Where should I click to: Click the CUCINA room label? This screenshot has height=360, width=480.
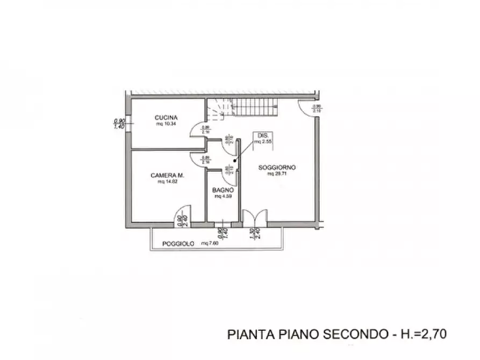pyautogui.click(x=166, y=118)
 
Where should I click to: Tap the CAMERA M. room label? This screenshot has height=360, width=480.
pyautogui.click(x=168, y=175)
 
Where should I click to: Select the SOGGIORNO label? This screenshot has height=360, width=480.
pyautogui.click(x=277, y=168)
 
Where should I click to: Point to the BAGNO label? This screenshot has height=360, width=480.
pyautogui.click(x=221, y=190)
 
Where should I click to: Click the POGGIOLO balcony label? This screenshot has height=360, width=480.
pyautogui.click(x=178, y=244)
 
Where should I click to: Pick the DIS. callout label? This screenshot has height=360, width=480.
pyautogui.click(x=262, y=135)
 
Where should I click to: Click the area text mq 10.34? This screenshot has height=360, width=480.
pyautogui.click(x=166, y=124)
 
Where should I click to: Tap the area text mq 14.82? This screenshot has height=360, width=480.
pyautogui.click(x=167, y=182)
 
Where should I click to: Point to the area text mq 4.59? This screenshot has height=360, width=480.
pyautogui.click(x=221, y=197)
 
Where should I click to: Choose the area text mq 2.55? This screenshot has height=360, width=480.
pyautogui.click(x=262, y=141)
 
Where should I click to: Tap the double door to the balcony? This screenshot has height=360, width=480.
pyautogui.click(x=254, y=217)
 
